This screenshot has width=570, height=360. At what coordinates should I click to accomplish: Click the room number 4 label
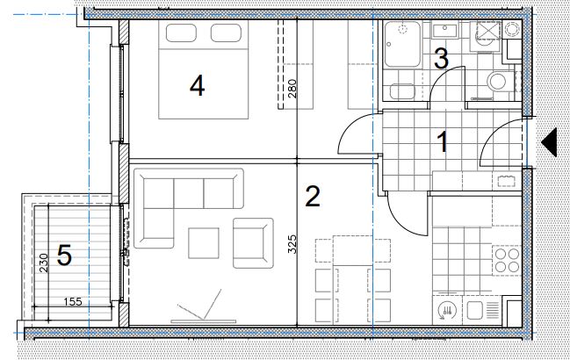[197, 86]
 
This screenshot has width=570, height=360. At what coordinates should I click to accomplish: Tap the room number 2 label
[313, 196]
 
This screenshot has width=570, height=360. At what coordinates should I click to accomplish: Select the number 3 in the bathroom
[441, 59]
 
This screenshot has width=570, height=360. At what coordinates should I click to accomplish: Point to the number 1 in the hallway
[443, 142]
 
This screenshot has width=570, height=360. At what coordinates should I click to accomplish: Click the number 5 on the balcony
[64, 255]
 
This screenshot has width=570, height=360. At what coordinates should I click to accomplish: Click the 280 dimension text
[292, 89]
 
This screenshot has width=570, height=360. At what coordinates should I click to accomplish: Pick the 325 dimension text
[292, 244]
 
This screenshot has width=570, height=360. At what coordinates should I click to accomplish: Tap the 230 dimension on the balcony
[43, 263]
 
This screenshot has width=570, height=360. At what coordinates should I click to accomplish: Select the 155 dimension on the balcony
[73, 301]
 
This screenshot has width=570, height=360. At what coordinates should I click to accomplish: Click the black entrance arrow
[550, 142]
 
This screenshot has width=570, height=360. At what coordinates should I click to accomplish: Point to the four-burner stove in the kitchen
[507, 261]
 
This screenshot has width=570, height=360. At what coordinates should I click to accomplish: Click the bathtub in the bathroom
[402, 44]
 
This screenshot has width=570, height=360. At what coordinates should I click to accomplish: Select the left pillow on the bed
[182, 33]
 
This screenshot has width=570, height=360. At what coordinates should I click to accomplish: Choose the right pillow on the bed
[226, 33]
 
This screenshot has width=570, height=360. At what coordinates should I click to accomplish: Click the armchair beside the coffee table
[253, 243]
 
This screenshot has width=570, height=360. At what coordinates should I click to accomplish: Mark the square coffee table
[204, 243]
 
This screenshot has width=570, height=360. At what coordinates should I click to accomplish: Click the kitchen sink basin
[475, 311]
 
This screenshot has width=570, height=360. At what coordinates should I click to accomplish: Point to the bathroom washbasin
[444, 32]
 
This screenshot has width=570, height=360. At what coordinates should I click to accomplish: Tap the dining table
[352, 280]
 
